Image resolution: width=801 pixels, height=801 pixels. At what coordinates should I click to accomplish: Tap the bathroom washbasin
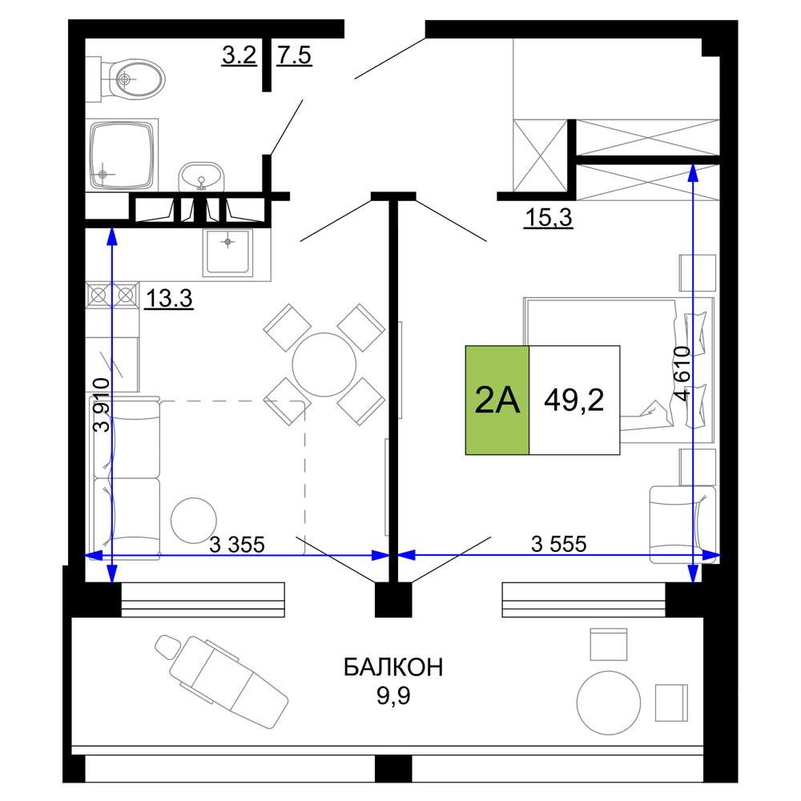coord(201,176)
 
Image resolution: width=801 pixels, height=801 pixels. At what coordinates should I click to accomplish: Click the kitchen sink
coord(227,252)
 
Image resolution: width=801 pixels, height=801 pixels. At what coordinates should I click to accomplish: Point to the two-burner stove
coord(112,295)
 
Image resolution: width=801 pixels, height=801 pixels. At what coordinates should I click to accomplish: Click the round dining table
coord(324,364)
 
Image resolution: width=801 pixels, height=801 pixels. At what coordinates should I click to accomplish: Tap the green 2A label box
coord(497,400)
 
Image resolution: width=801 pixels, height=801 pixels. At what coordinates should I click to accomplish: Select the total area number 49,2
coord(574,400)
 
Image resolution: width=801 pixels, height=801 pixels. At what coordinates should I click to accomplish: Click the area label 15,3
coord(549,218)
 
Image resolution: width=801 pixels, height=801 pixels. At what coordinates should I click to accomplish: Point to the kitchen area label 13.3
coord(169,298)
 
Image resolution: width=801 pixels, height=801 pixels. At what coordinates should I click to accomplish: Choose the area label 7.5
coord(294,55)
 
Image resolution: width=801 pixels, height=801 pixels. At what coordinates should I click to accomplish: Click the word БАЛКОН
coord(392,667)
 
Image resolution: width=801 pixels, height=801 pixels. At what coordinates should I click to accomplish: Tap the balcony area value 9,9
coord(393,695)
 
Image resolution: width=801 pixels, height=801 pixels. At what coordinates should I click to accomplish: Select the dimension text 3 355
coord(237,545)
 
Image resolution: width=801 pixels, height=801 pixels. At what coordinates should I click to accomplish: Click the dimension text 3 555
coord(559,544)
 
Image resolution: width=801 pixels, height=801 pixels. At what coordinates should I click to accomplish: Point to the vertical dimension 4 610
coord(682,374)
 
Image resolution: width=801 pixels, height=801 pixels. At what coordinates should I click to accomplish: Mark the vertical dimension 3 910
coord(102,405)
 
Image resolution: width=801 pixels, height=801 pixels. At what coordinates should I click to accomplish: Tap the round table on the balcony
coord(609,703)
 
